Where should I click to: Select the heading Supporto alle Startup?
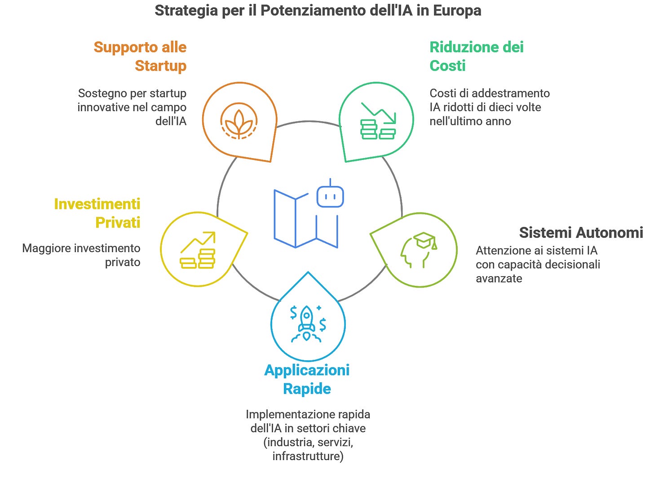(140, 56)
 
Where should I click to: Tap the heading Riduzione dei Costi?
(476, 56)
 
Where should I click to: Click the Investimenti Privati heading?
(97, 213)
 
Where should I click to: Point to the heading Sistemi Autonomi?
(581, 232)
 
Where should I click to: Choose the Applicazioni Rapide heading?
(307, 379)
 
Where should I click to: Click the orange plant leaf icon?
(239, 121)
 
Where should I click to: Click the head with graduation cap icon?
(419, 250)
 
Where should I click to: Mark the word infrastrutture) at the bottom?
(308, 456)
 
